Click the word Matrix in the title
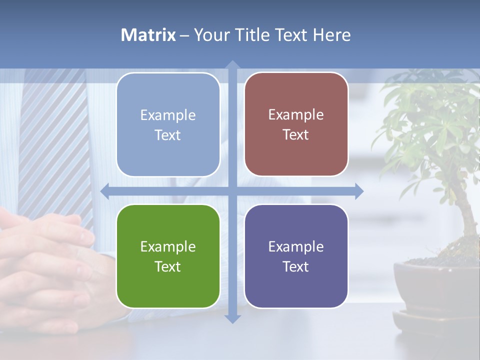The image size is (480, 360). (148, 35)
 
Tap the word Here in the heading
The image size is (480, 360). (332, 35)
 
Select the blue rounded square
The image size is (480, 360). (168, 125)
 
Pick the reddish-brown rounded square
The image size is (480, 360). (296, 124)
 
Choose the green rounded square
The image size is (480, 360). (168, 256)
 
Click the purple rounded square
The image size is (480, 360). (296, 256)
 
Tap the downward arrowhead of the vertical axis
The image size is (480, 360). (232, 318)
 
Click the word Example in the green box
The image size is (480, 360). (168, 246)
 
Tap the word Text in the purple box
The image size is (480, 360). (296, 266)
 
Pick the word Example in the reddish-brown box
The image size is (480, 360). (296, 114)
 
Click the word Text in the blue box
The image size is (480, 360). (168, 135)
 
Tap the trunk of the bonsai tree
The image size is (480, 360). (467, 220)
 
